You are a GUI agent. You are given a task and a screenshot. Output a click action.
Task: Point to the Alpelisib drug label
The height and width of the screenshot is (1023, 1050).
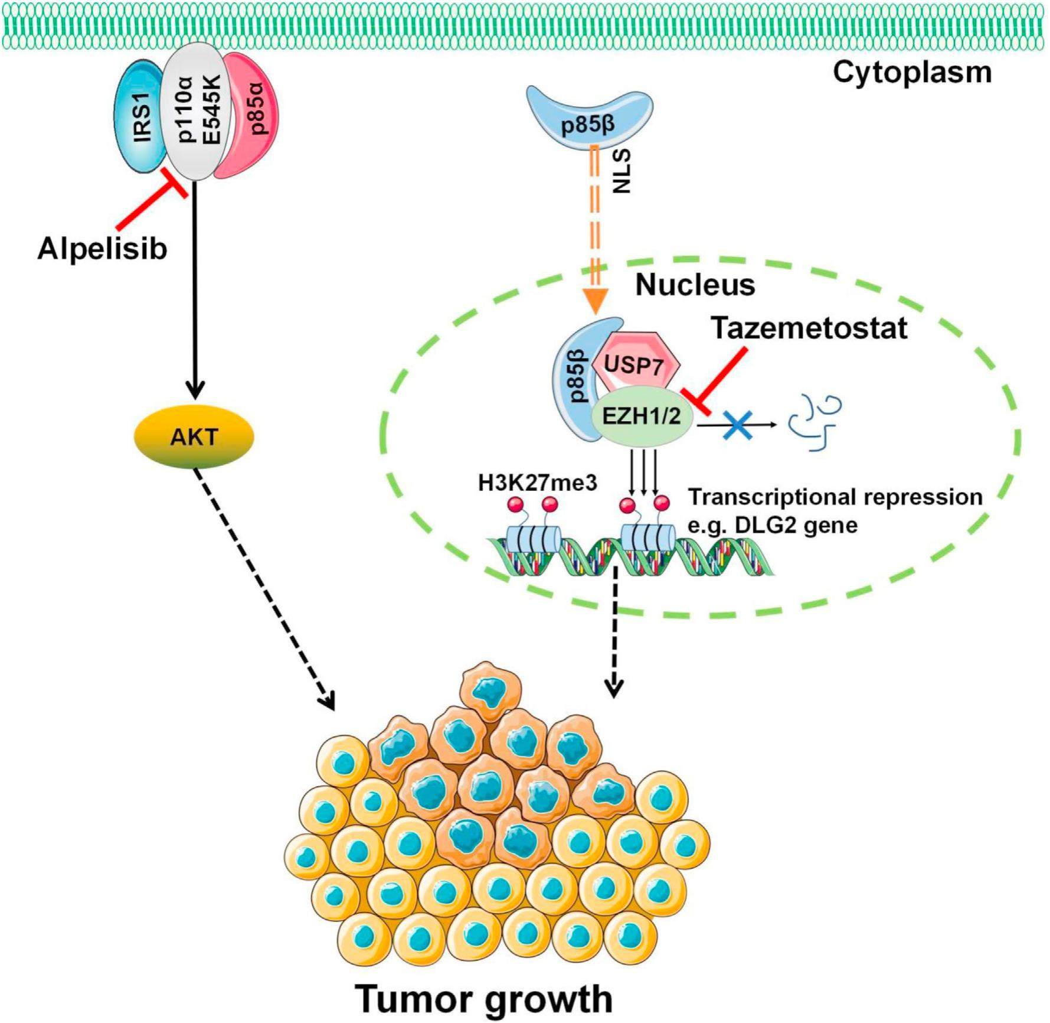coord(102,249)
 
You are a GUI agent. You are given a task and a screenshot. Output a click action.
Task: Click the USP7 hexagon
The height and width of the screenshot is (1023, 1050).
coord(633,364)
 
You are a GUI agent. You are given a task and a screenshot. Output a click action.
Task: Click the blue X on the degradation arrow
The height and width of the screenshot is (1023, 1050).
coord(737,424)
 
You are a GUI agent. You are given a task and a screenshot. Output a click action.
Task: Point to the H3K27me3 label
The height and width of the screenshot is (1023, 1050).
coord(537,483)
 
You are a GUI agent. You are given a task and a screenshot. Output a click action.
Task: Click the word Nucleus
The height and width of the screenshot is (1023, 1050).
coord(695,285)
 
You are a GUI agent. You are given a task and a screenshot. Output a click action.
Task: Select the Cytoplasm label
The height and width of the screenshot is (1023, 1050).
coord(912,73)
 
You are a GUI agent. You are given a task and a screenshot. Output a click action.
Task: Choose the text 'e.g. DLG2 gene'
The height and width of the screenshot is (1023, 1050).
coord(773,524)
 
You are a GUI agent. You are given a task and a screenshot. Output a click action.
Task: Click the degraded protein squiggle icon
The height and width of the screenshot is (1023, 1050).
coord(815,423)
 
